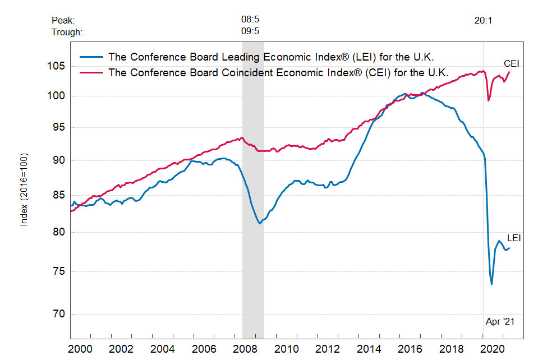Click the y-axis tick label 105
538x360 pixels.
pyautogui.click(x=57, y=66)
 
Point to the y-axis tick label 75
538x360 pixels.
pyautogui.click(x=59, y=271)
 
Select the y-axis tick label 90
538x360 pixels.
pyautogui.click(x=59, y=161)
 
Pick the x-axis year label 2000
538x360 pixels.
pyautogui.click(x=80, y=349)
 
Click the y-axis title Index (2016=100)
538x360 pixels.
pyautogui.click(x=24, y=189)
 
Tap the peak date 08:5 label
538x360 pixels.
pyautogui.click(x=250, y=20)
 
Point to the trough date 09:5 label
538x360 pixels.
pyautogui.click(x=250, y=31)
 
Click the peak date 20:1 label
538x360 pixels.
pyautogui.click(x=483, y=20)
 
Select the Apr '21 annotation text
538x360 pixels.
pyautogui.click(x=500, y=322)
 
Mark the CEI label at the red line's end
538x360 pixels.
pyautogui.click(x=512, y=63)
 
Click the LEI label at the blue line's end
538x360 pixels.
pyautogui.click(x=514, y=238)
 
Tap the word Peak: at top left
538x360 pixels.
pyautogui.click(x=63, y=20)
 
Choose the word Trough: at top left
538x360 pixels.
pyautogui.click(x=67, y=31)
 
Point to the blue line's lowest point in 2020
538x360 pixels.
pyautogui.click(x=492, y=284)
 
